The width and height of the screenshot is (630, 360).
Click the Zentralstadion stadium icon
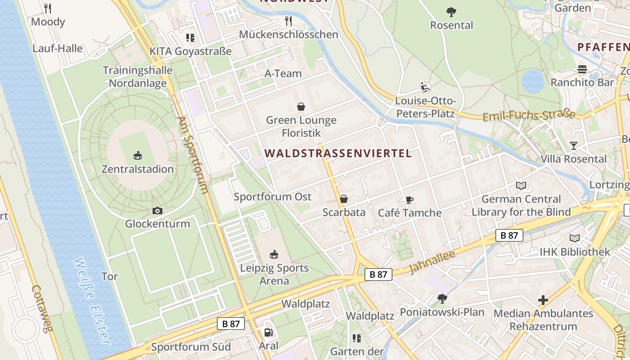point(138,156)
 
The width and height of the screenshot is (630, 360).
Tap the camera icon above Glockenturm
point(157,211)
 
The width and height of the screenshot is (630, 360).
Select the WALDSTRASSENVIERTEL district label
point(338,153)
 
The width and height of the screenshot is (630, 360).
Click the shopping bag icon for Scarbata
point(344,199)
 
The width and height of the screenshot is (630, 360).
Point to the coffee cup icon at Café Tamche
point(409,200)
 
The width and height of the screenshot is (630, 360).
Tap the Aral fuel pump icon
point(268,333)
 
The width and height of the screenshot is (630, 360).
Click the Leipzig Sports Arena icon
point(274,254)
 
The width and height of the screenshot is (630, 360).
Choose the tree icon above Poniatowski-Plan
point(442,298)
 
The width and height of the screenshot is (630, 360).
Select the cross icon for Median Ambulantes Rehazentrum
point(543,300)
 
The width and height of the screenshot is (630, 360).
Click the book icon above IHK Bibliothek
point(575,238)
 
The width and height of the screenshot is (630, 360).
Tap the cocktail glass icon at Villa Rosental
point(573,145)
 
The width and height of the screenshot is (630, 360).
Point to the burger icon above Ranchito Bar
point(582,69)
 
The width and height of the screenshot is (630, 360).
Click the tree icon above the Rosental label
point(451,12)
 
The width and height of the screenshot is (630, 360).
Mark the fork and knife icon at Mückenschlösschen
point(288,21)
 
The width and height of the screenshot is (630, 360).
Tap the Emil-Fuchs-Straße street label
point(529,115)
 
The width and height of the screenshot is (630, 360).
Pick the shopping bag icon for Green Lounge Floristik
point(301,107)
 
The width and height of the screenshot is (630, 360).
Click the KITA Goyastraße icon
point(190,38)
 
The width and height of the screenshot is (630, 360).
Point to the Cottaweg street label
point(41,308)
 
